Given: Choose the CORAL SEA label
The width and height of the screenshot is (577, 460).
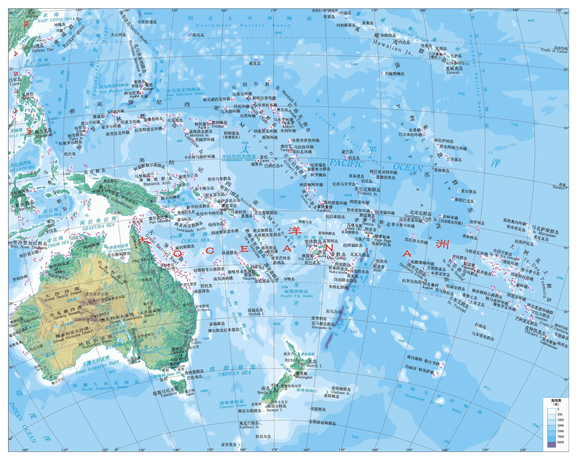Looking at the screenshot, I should click(x=195, y=240).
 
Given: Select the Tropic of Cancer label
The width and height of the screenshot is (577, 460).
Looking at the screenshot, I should click(x=554, y=51).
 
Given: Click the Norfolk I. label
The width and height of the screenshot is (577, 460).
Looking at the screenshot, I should click(x=256, y=314).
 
